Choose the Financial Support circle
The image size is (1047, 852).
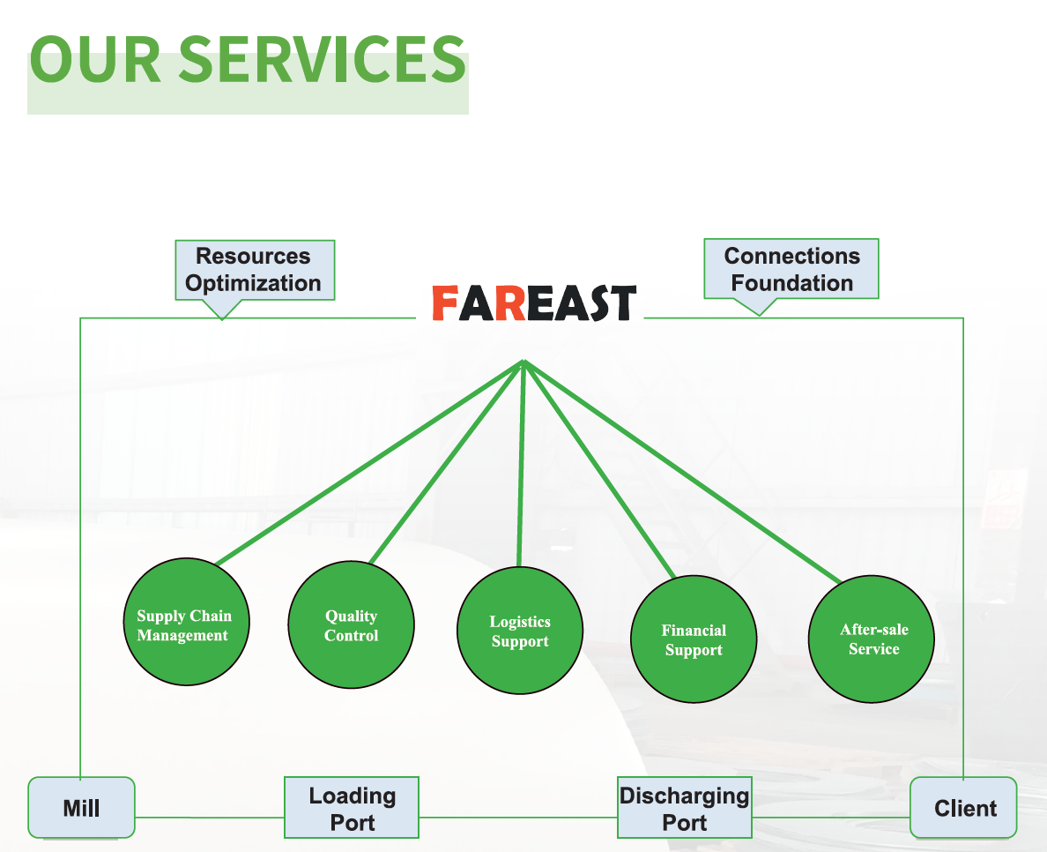tap(694, 640)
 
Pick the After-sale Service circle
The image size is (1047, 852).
tap(872, 639)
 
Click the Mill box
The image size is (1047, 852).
tap(81, 808)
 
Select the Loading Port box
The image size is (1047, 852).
tap(352, 808)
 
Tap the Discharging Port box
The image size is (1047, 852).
tap(685, 808)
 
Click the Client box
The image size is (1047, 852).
tap(963, 808)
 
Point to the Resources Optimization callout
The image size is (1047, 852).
tap(254, 270)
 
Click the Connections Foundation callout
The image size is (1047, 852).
tap(791, 270)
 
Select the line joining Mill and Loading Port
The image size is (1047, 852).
tap(210, 817)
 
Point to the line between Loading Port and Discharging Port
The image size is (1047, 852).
tap(518, 817)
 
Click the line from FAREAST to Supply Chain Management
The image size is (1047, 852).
tap(370, 462)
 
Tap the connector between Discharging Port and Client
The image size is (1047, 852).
tap(831, 817)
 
